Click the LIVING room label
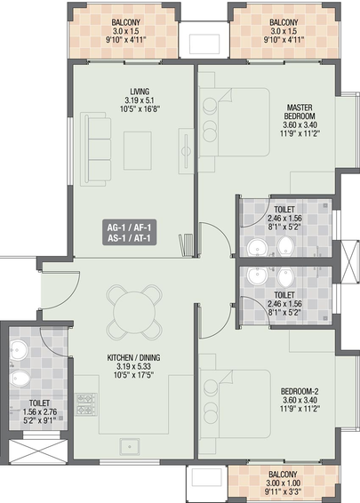pyautogui.click(x=140, y=92)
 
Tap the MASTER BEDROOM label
pyautogui.click(x=300, y=112)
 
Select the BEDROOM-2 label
pyautogui.click(x=300, y=391)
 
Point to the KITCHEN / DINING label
pyautogui.click(x=134, y=357)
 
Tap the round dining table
pyautogui.click(x=134, y=312)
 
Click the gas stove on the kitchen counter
pyautogui.click(x=85, y=404)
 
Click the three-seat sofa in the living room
pyautogui.click(x=96, y=148)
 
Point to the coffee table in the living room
pyautogui.click(x=138, y=150)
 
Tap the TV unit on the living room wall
pyautogui.click(x=186, y=151)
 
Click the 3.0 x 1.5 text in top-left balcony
pyautogui.click(x=125, y=31)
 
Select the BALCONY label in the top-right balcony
pyautogui.click(x=284, y=22)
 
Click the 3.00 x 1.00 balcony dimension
pyautogui.click(x=283, y=483)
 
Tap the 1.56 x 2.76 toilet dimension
pyautogui.click(x=40, y=411)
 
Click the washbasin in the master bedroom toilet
pyautogui.click(x=257, y=248)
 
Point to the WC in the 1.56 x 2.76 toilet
pyautogui.click(x=19, y=379)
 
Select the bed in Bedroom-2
pyautogui.click(x=235, y=404)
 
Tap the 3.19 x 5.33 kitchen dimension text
pyautogui.click(x=134, y=366)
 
